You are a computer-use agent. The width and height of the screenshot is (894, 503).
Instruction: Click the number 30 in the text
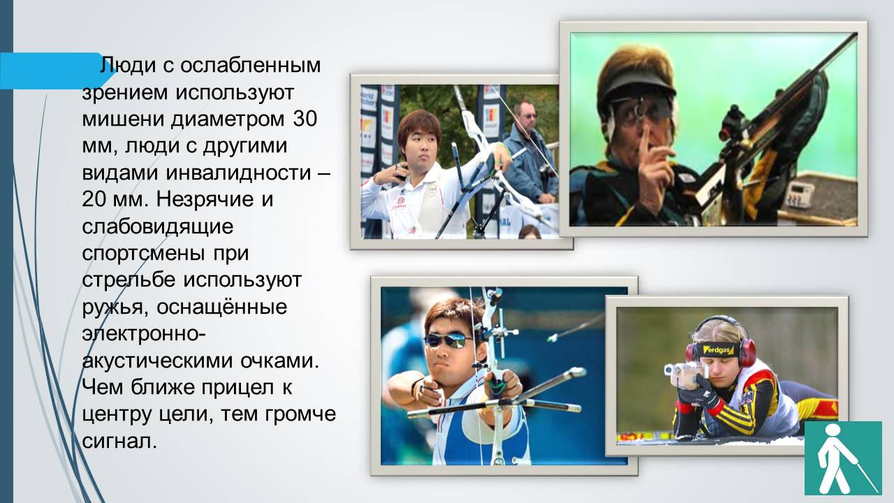click(305, 119)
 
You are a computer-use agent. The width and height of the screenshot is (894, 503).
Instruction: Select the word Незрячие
click(205, 199)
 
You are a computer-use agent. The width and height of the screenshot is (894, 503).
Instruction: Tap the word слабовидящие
click(158, 227)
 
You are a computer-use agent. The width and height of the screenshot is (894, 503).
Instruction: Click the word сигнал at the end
click(119, 441)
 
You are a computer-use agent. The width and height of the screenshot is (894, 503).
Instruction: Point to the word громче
click(300, 414)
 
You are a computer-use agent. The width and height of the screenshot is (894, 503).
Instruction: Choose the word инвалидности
click(238, 173)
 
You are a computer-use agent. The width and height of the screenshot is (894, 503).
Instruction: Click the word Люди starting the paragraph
click(127, 66)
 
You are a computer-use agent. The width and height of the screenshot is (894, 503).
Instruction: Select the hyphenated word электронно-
click(144, 334)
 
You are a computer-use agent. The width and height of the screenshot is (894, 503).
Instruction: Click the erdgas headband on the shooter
click(718, 350)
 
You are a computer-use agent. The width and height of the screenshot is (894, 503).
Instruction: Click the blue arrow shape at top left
click(56, 71)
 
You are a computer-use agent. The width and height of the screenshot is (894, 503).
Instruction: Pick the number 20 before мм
click(94, 199)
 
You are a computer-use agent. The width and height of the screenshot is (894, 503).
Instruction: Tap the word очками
click(279, 361)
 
